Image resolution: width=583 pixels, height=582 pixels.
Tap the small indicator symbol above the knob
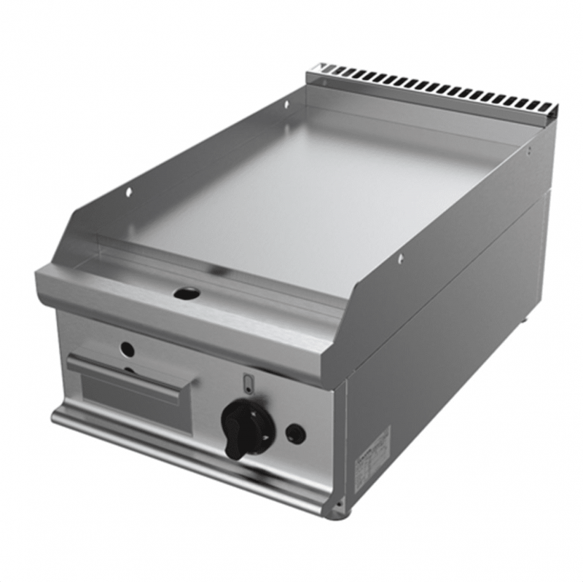[x=247, y=380]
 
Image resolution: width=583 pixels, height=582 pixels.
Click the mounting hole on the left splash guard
[x=129, y=192]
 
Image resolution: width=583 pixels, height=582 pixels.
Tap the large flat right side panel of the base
[x=452, y=342]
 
